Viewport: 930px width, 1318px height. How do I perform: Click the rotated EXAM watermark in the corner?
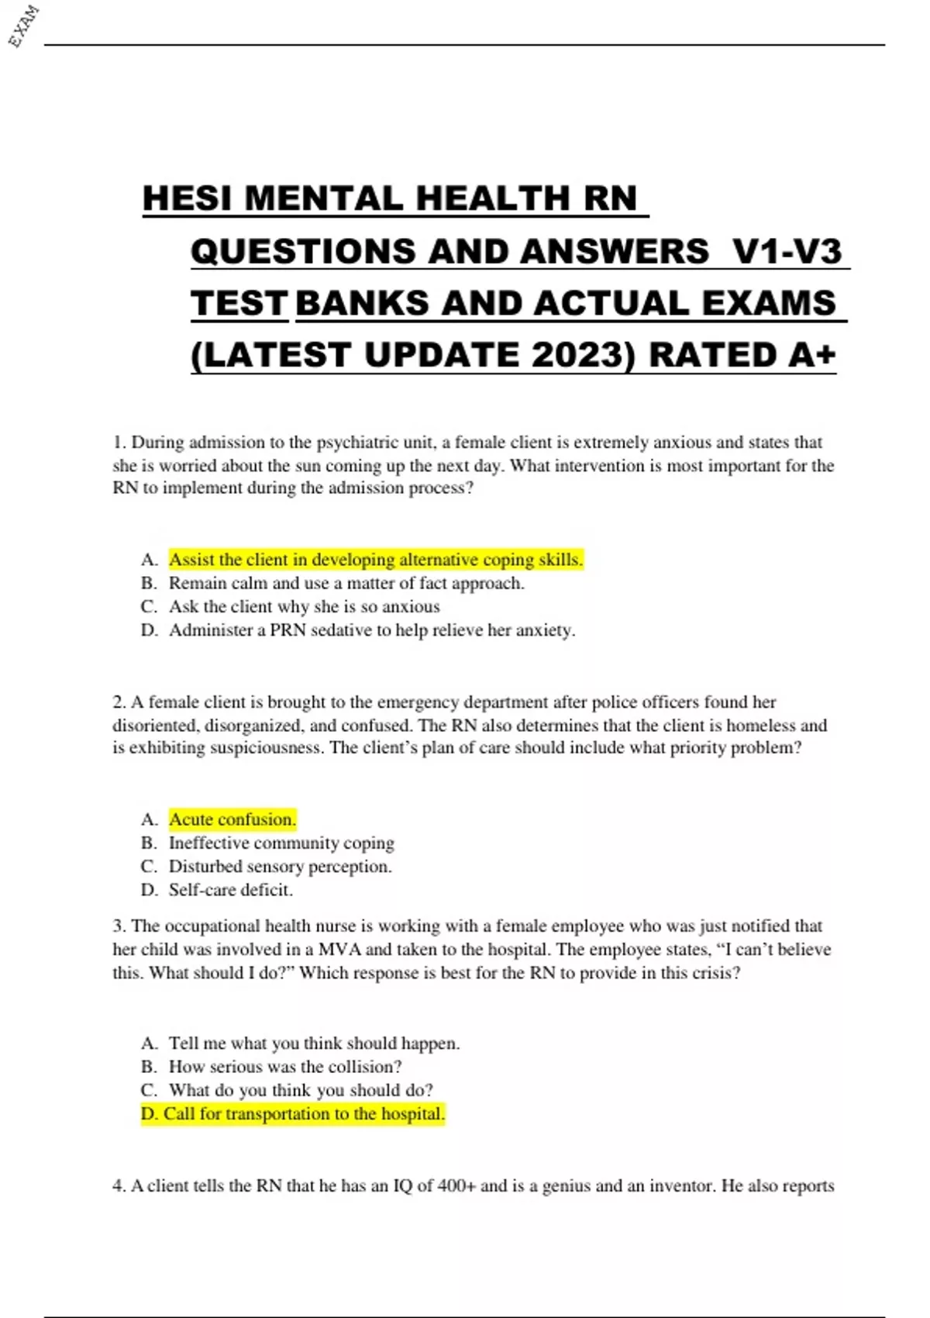click(x=23, y=26)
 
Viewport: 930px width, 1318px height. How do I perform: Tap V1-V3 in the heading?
click(x=787, y=251)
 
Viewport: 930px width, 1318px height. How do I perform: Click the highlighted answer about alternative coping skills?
click(x=376, y=560)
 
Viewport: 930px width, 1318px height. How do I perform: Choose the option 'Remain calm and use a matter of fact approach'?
click(x=346, y=583)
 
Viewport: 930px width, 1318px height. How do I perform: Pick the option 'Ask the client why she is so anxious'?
click(x=304, y=606)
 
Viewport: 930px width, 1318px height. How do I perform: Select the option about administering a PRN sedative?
click(x=372, y=630)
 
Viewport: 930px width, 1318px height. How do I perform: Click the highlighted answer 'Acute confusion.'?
click(x=232, y=819)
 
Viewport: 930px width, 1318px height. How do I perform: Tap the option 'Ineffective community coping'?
click(x=281, y=843)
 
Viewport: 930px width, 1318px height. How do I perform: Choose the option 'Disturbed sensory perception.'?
click(x=281, y=866)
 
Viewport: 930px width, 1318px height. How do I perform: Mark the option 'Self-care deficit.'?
click(x=231, y=890)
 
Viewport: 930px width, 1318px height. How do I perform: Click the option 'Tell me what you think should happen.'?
click(x=314, y=1044)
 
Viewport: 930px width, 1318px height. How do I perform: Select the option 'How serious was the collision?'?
click(x=285, y=1067)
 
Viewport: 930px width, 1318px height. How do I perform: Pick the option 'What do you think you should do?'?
click(x=301, y=1090)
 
